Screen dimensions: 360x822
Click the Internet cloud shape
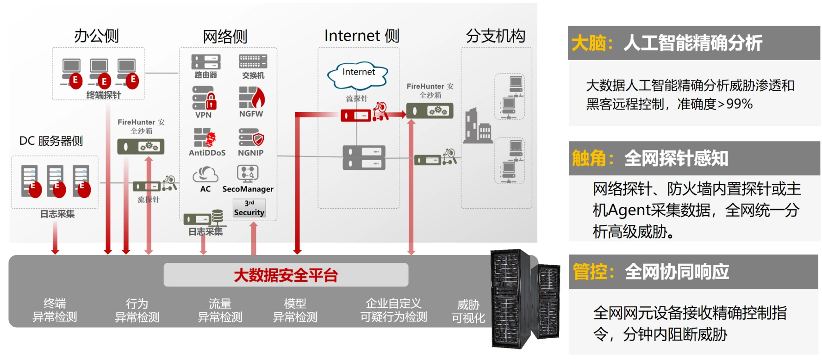357,75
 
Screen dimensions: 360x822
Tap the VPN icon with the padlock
204,98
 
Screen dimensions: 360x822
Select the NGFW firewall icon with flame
251,97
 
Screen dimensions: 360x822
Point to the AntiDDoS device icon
205,137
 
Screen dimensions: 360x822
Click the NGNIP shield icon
251,137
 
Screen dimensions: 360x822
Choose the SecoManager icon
248,174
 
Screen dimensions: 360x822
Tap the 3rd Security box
249,208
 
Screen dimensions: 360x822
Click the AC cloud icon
205,174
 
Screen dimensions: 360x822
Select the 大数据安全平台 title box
286,275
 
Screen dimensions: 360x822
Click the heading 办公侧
96,36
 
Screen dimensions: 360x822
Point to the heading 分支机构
495,36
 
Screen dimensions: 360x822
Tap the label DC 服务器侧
51,141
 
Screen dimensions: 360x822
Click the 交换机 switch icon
253,61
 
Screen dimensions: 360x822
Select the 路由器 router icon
205,62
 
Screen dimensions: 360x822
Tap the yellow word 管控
590,272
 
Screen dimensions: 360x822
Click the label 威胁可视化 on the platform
468,311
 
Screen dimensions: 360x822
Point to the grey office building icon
477,126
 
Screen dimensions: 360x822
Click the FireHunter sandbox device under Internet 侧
430,111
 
